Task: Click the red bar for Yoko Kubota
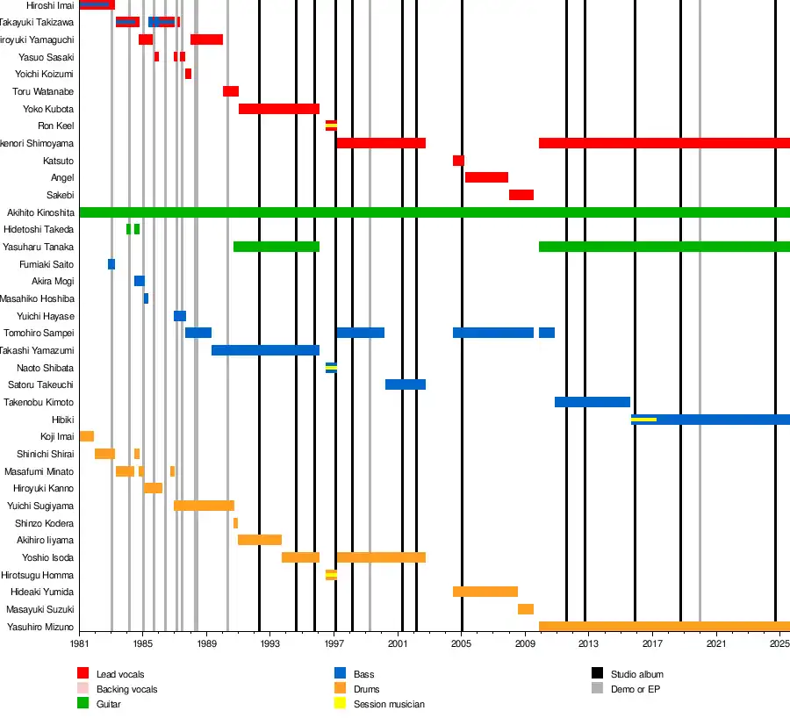click(278, 109)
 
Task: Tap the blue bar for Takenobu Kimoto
click(592, 402)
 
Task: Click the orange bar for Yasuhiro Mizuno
click(664, 627)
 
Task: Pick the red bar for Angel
click(486, 177)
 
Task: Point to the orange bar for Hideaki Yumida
click(485, 592)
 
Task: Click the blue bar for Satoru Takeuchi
click(405, 384)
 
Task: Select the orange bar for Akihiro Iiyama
click(259, 540)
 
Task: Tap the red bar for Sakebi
click(521, 195)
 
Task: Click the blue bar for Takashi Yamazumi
click(265, 350)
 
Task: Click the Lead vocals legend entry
click(113, 674)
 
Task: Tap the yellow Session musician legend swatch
click(340, 704)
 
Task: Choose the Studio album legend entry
click(636, 674)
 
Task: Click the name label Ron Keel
click(56, 126)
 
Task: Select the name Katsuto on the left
click(58, 161)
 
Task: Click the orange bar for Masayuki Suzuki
click(525, 609)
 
